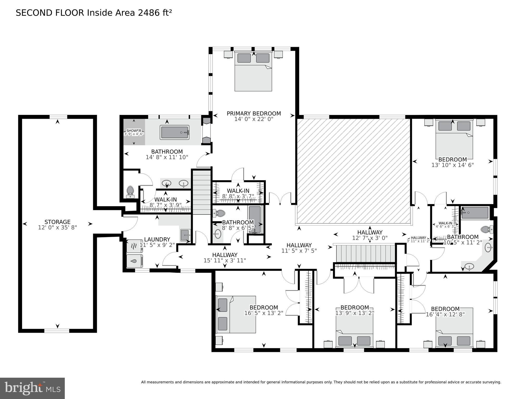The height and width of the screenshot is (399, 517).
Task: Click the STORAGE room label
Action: click(x=57, y=222)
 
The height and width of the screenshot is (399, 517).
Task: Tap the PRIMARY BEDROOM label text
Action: click(x=254, y=114)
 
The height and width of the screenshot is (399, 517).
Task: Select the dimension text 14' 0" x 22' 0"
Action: click(x=254, y=119)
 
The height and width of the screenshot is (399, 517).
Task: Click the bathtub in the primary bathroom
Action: click(x=174, y=132)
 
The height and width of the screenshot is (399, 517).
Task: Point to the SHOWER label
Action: click(x=134, y=130)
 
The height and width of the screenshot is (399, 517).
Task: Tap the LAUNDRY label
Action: click(x=157, y=239)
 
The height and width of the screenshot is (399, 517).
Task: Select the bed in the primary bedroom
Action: click(x=253, y=71)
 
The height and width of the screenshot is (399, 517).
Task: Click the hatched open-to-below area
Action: click(x=354, y=170)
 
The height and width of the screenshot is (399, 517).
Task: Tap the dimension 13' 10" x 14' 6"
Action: click(x=452, y=165)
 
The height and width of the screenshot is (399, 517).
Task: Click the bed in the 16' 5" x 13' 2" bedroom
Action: click(x=236, y=314)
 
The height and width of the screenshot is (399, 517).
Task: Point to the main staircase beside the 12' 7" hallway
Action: click(x=365, y=253)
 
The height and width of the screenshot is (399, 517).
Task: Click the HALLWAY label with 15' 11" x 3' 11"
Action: click(x=225, y=255)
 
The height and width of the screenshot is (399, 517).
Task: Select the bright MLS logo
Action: click(x=32, y=388)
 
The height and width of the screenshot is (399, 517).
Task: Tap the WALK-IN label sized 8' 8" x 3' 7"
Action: click(x=238, y=191)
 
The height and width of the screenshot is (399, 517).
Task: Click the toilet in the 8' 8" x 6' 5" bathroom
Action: click(x=219, y=213)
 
